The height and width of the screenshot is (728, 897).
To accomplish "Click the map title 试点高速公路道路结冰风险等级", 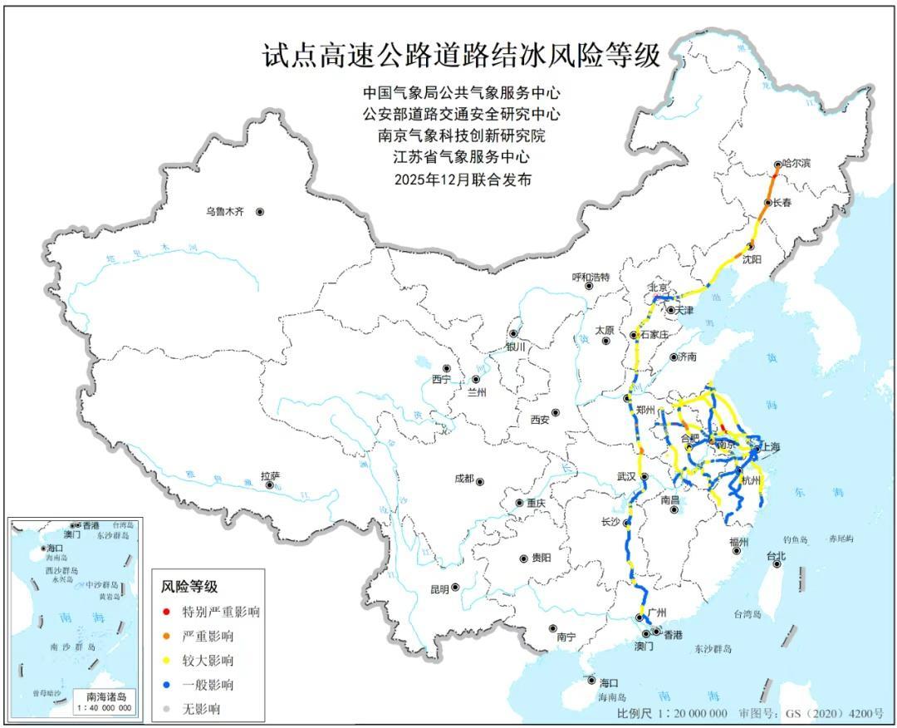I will coord(461,56).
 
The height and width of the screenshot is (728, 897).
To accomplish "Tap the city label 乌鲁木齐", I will coord(225,212).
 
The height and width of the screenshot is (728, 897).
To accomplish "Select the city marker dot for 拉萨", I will coord(270,485).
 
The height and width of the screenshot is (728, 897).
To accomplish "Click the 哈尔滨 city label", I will coord(796,164).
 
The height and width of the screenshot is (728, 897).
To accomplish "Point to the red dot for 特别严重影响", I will coord(167,612).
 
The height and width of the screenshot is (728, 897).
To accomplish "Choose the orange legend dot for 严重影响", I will coord(167,637).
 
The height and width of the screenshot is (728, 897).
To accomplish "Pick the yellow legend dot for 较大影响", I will coord(167,661).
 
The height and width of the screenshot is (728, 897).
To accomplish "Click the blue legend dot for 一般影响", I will coord(167,685).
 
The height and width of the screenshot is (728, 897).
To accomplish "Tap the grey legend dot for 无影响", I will coord(167,709).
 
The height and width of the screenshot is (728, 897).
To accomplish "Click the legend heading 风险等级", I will coord(189,587).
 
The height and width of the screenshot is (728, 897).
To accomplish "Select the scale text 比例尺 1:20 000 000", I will coord(672,714).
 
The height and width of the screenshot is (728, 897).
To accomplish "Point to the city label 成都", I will coord(463,479).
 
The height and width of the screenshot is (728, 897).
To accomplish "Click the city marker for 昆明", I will coord(454,587).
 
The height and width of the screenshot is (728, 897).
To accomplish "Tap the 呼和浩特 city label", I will coord(591,277).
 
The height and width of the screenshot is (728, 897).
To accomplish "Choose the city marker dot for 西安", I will coord(555,412).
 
